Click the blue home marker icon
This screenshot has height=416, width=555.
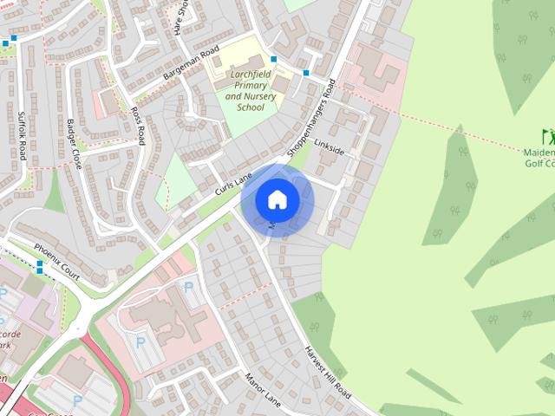277,199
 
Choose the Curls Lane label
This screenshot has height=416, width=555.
232,179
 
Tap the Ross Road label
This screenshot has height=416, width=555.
137,127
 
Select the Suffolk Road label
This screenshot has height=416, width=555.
22,134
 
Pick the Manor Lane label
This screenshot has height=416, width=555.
263,389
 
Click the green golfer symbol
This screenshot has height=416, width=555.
548,137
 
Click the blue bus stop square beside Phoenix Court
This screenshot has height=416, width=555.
39,270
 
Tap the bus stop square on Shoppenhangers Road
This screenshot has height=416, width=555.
306,74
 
